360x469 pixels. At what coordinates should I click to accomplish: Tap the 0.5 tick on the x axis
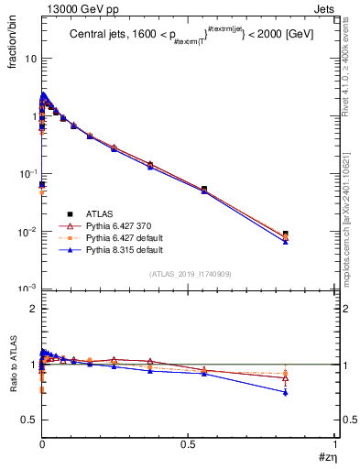point(189,446)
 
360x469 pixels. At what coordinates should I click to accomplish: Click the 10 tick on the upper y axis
point(30,58)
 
